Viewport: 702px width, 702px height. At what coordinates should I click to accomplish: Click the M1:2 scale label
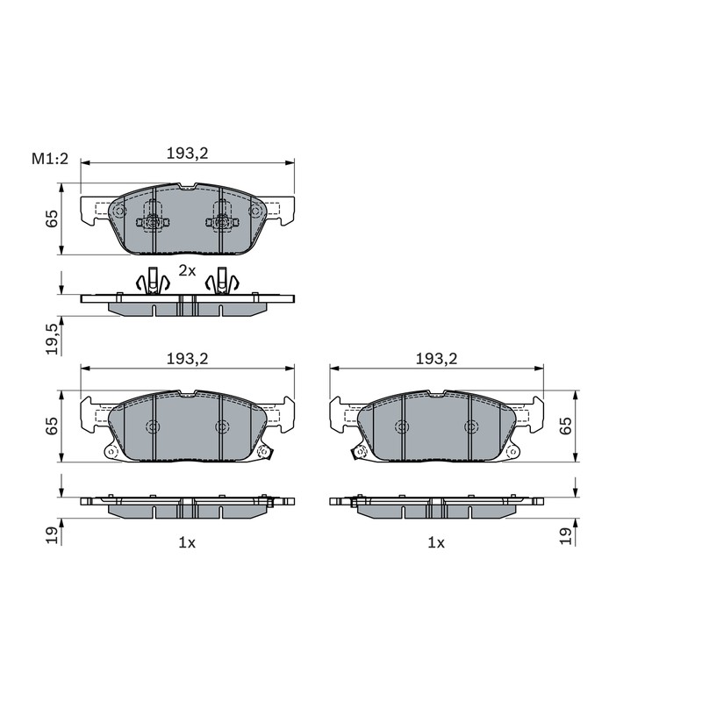click(x=50, y=159)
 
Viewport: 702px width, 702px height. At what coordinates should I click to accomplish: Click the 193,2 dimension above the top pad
click(x=188, y=154)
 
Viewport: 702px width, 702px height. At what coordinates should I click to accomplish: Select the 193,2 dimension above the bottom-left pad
click(x=188, y=359)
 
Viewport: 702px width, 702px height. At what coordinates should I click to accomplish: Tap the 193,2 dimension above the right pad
click(x=436, y=359)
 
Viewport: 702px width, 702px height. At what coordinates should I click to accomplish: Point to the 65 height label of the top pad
click(x=52, y=218)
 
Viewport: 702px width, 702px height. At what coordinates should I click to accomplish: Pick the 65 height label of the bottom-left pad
click(x=52, y=426)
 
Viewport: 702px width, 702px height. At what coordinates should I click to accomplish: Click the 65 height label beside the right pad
click(x=566, y=426)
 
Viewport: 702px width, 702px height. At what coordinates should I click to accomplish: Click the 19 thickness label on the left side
click(x=52, y=535)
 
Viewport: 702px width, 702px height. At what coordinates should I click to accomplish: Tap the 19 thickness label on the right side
click(x=566, y=535)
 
